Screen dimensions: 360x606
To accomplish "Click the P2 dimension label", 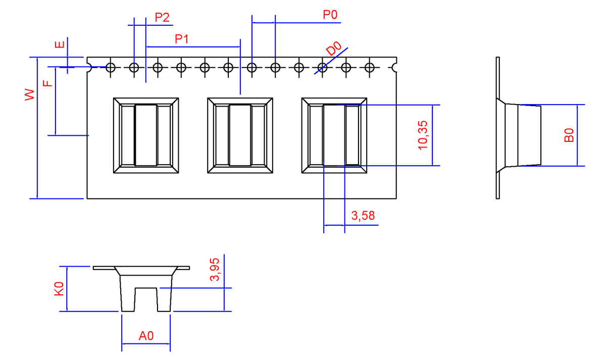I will [162, 18].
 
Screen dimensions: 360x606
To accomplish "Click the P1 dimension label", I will [181, 38].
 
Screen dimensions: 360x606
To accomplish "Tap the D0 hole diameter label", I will [334, 49].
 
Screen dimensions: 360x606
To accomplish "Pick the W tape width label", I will [30, 94].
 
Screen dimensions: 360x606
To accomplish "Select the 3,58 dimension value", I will [363, 216].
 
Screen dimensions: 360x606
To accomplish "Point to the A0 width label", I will [146, 336].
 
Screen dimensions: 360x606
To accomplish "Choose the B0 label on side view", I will [569, 135].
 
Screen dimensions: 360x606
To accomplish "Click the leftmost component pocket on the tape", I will [146, 135].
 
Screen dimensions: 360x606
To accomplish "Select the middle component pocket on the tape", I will [240, 135].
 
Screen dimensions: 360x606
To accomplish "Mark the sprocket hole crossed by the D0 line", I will [322, 67].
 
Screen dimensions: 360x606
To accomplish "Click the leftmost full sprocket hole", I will [111, 67].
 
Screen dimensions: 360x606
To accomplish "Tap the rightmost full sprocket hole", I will [370, 67].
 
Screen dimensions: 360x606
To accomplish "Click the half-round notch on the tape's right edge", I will [395, 67].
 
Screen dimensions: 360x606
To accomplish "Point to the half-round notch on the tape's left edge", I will [89, 67].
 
